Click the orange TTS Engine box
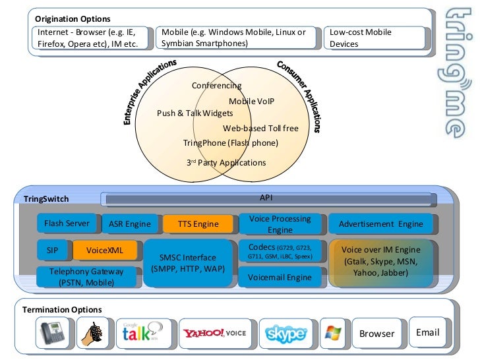[198, 224]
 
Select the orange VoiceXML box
[105, 250]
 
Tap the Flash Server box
[67, 223]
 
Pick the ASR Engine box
[130, 224]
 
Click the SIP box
[52, 250]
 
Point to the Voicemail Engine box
[280, 277]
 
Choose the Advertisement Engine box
[381, 224]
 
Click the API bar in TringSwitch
[266, 198]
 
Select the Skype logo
[285, 333]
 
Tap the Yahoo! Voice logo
[214, 333]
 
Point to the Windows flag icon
[333, 333]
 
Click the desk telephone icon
[52, 333]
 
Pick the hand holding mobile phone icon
[92, 333]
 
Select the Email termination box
[427, 332]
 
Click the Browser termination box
[377, 333]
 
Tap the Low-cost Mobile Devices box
[375, 38]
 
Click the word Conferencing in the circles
[217, 86]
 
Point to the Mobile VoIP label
[252, 101]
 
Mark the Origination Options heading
[73, 19]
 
